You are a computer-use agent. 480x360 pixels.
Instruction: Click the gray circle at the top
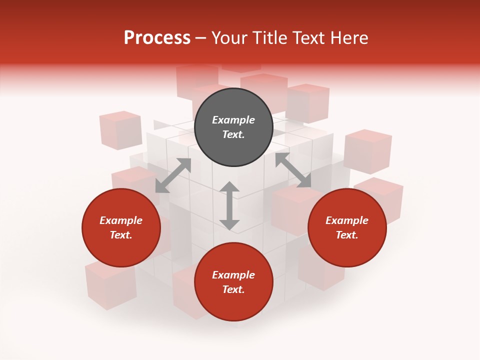[x=233, y=127]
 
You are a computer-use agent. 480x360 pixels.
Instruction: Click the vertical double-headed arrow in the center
[x=229, y=206]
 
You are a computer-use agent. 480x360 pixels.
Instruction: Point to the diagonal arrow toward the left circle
[x=173, y=175]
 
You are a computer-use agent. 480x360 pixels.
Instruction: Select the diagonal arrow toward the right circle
[x=293, y=170]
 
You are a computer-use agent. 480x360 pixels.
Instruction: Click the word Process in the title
[x=157, y=38]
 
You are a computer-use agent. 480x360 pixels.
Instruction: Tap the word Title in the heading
[x=270, y=38]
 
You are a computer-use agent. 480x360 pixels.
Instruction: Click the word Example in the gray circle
[x=233, y=120]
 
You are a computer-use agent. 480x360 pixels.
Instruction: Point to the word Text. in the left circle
[x=121, y=235]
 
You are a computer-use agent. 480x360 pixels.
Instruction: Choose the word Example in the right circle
[x=347, y=220]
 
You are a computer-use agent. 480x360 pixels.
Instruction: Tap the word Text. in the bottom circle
[x=233, y=289]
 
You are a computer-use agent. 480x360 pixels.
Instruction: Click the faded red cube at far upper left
[x=120, y=130]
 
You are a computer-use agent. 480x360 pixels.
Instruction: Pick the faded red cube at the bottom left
[x=110, y=284]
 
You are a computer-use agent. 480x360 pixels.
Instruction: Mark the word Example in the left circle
[x=121, y=220]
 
